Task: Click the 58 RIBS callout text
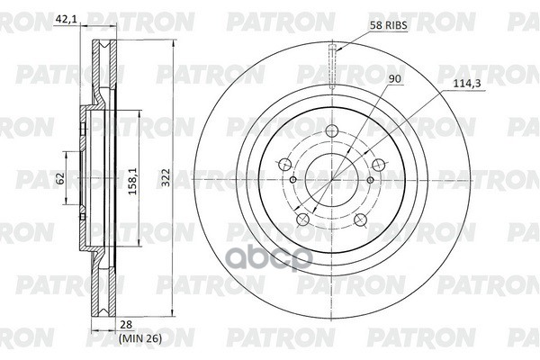[388, 28]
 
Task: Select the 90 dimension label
[393, 79]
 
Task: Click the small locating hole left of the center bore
[293, 180]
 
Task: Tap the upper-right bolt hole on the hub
[378, 165]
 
